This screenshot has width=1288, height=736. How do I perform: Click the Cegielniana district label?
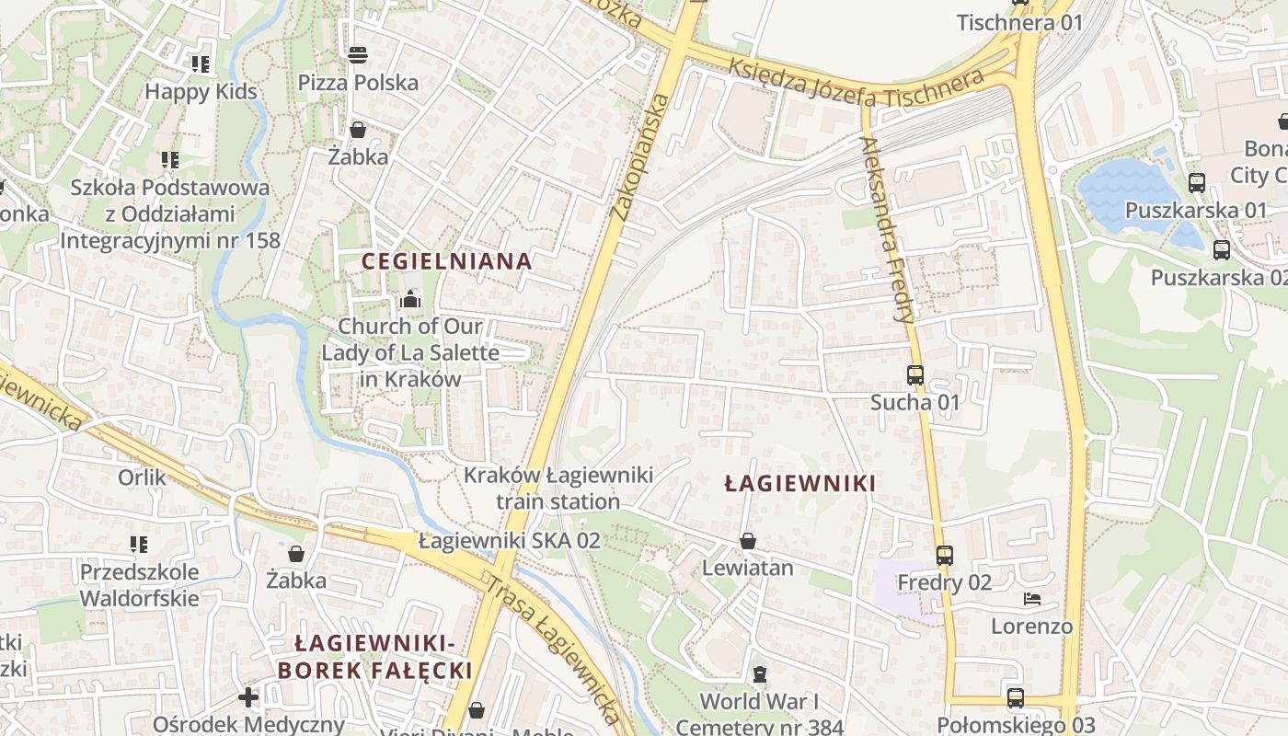coord(446,261)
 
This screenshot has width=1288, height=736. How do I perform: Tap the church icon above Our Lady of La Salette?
coord(409,300)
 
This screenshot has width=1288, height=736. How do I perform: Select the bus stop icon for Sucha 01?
coord(914,375)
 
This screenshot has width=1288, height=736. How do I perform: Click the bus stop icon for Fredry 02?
coord(945,556)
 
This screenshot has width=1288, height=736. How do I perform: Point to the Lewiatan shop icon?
coord(748,541)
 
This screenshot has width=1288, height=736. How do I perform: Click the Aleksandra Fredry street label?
coord(887,229)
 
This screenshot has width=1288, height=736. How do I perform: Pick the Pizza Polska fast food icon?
coord(358,55)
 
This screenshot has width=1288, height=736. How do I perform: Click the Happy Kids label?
coord(201,92)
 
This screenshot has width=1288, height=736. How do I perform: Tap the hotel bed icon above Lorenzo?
coord(1032,600)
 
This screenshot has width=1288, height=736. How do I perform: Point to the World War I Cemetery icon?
coord(759,675)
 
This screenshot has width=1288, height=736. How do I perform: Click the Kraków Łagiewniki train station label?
coord(558,489)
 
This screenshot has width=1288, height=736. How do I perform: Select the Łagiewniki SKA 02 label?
coord(509,541)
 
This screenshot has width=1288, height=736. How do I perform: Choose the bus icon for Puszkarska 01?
coord(1196,183)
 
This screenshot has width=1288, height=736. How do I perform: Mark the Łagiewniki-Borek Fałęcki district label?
coord(375,656)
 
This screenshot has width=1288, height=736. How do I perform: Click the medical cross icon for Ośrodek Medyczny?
coord(248,697)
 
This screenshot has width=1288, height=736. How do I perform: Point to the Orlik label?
coord(143,477)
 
